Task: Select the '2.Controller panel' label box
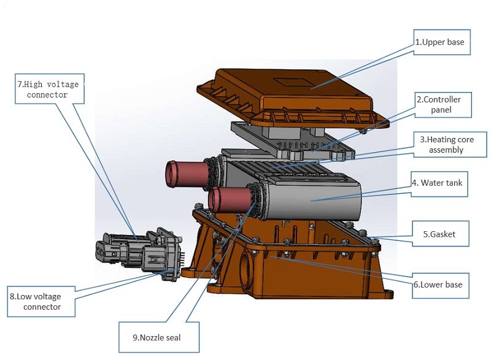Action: pos(443,104)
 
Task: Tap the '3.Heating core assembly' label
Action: pos(442,145)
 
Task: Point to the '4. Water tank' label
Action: pos(439,183)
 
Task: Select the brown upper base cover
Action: pos(295,92)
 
